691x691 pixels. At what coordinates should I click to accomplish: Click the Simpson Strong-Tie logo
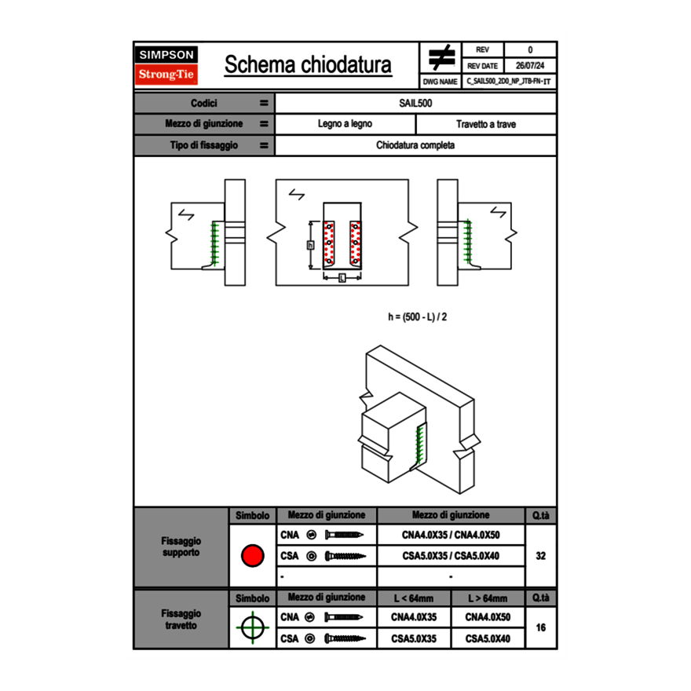[x=166, y=65]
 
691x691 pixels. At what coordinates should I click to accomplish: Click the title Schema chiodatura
[x=308, y=65]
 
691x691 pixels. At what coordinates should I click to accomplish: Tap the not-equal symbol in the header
[x=441, y=58]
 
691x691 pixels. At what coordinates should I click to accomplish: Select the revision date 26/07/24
[x=530, y=66]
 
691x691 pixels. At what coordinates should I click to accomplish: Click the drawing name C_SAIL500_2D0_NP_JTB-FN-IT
[x=509, y=81]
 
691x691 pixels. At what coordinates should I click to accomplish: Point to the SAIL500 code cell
[x=416, y=103]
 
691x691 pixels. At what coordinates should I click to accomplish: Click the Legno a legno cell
[x=345, y=124]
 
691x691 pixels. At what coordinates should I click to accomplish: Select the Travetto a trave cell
[x=486, y=124]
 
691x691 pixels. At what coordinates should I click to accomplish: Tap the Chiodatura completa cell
[x=416, y=145]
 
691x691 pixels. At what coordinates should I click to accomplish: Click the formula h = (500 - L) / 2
[x=418, y=316]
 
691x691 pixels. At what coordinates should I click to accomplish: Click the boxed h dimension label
[x=310, y=245]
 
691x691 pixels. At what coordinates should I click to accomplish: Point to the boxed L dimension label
[x=342, y=278]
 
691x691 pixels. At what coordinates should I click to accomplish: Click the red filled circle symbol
[x=251, y=556]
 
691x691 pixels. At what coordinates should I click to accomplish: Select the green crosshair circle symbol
[x=251, y=628]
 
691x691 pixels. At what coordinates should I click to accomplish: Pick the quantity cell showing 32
[x=540, y=556]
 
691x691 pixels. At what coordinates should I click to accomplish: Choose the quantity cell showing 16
[x=540, y=628]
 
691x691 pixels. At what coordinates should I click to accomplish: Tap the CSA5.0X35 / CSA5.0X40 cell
[x=451, y=556]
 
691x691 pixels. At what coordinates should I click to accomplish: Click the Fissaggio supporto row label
[x=181, y=547]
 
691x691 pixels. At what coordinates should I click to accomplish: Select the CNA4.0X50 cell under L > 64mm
[x=488, y=617]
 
